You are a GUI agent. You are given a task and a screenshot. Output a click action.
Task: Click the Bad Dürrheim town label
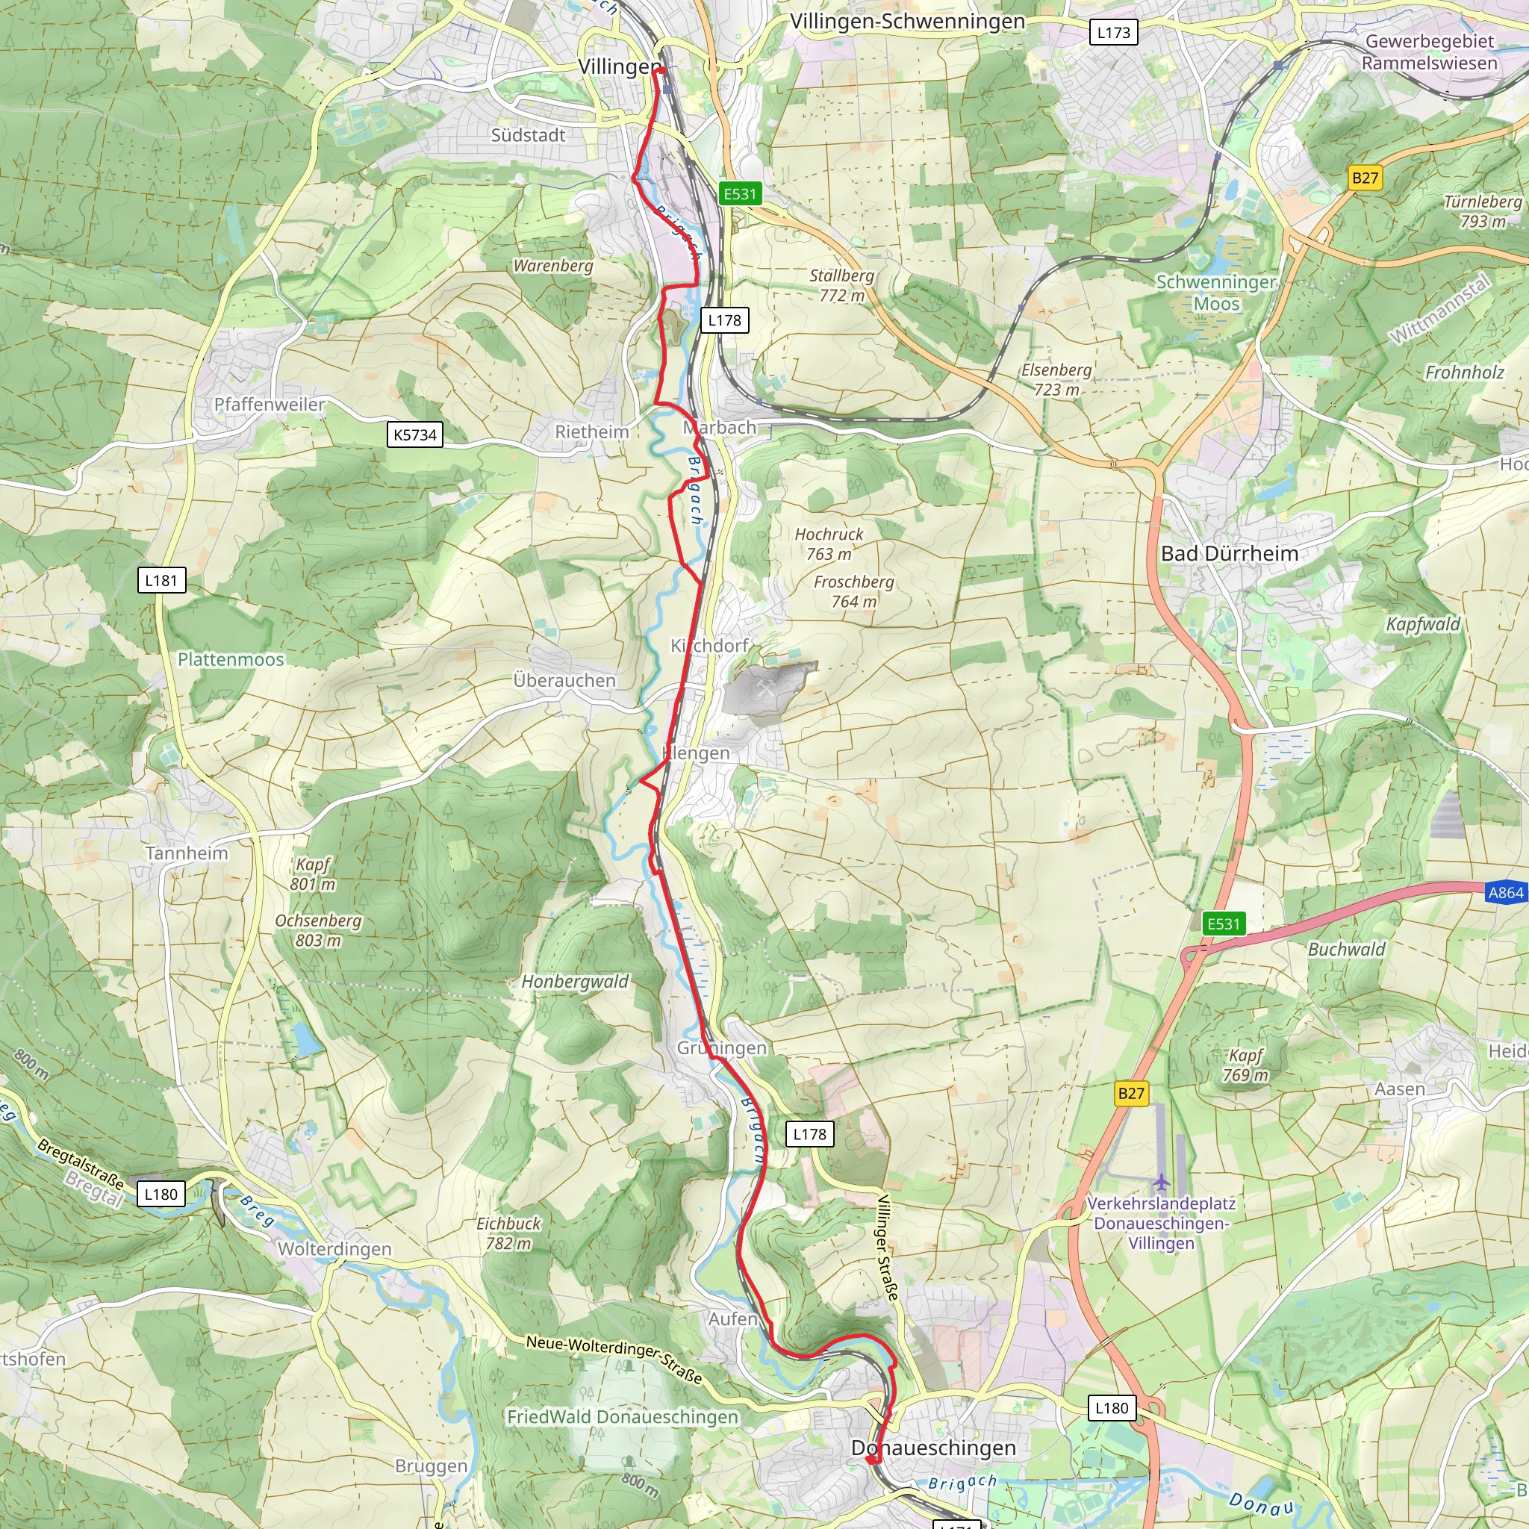point(1229,554)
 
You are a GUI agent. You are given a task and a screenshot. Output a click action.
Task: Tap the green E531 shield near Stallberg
point(740,194)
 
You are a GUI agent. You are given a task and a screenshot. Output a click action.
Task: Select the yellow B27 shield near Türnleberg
point(1365,178)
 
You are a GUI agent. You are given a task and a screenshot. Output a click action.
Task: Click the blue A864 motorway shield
point(1505,893)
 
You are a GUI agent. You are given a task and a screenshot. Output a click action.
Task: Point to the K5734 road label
point(414,435)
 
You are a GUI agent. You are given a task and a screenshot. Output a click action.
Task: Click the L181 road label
point(161,580)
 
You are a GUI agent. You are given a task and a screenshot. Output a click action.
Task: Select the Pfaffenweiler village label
point(269,405)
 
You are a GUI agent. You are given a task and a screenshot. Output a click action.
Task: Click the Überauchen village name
point(564,681)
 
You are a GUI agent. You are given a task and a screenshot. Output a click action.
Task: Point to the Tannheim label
point(187,853)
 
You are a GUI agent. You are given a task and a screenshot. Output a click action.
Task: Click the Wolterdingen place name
point(334,1249)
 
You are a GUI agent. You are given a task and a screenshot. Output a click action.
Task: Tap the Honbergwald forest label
point(576,981)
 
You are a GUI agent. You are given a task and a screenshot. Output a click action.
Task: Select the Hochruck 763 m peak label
point(829,544)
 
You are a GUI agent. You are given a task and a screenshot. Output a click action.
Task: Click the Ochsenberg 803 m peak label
point(318,931)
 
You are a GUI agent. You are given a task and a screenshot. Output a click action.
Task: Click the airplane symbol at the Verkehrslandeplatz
point(1161,1183)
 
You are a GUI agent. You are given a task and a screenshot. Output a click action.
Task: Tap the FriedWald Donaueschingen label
point(623,1416)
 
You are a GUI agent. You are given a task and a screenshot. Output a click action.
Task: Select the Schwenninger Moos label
point(1216,293)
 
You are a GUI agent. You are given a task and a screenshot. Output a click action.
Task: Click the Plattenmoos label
point(230,659)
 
